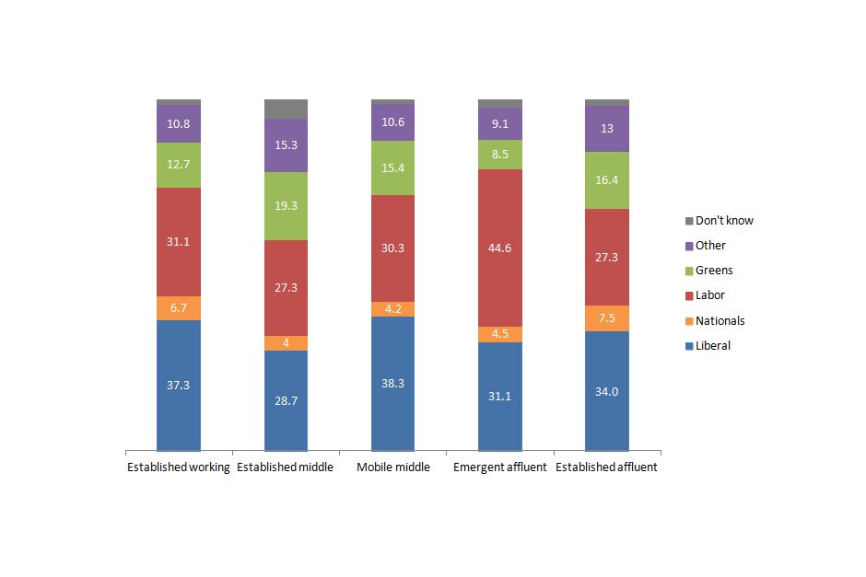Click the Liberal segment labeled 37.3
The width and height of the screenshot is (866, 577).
(x=179, y=385)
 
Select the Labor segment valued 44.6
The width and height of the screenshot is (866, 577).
(x=500, y=248)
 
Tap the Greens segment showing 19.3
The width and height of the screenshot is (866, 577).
(x=286, y=206)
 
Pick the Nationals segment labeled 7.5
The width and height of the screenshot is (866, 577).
(x=607, y=317)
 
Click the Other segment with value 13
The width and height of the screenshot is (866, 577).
(x=607, y=129)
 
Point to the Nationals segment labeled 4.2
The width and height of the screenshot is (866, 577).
(x=393, y=309)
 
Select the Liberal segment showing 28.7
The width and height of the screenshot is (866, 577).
(x=286, y=400)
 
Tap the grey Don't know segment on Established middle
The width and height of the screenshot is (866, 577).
(x=286, y=109)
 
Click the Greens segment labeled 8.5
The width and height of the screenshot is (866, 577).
(x=500, y=155)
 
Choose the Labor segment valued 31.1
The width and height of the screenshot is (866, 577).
(x=179, y=241)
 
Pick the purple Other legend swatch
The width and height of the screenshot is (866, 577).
(x=688, y=246)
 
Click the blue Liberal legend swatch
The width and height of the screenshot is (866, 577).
(x=688, y=346)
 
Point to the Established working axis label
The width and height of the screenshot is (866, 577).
(x=178, y=467)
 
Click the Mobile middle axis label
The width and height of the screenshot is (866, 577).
(x=393, y=467)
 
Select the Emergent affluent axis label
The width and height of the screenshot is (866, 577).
(x=500, y=467)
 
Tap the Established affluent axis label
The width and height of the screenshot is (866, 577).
(x=607, y=467)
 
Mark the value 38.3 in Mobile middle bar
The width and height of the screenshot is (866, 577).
(x=393, y=384)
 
